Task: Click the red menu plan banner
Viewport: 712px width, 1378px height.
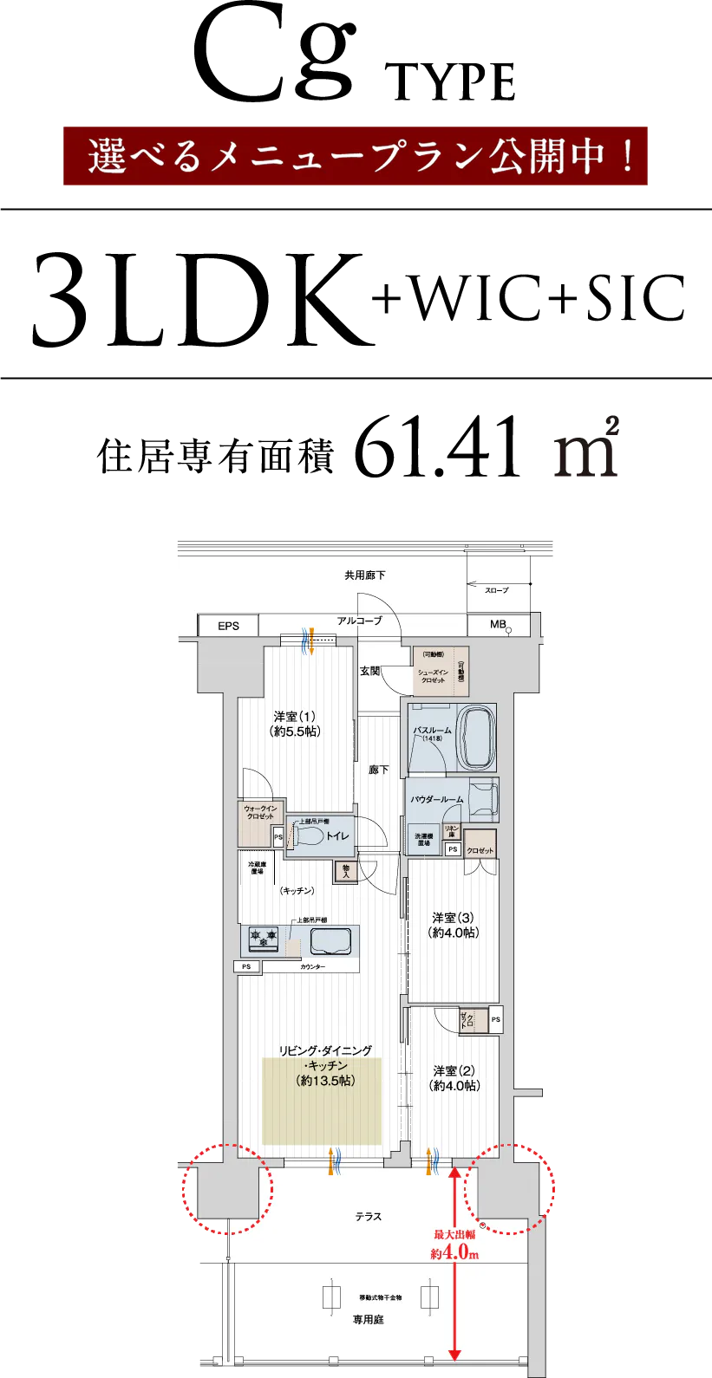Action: (356, 156)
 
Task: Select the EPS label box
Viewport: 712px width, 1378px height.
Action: (228, 626)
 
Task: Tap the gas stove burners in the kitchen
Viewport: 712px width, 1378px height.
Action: (263, 938)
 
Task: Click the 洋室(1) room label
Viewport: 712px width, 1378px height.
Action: (295, 724)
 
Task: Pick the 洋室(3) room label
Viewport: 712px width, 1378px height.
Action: (454, 926)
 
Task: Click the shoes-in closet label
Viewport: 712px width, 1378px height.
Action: (434, 676)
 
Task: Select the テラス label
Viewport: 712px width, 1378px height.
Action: (368, 1217)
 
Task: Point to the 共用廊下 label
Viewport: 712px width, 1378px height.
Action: (364, 575)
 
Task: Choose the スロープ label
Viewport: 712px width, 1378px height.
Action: (496, 589)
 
